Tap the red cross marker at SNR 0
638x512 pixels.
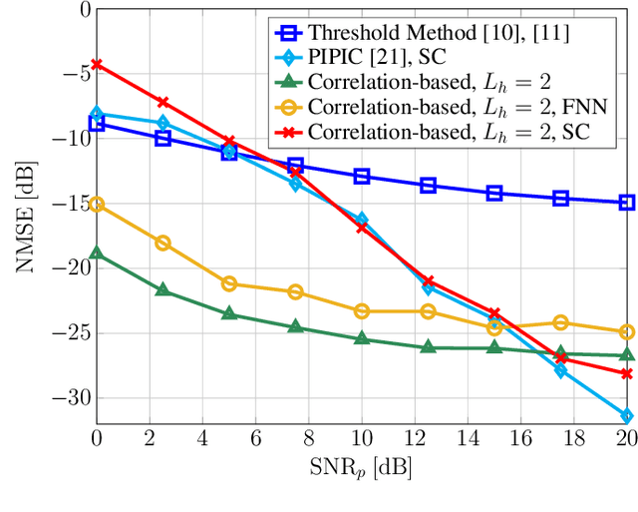(x=97, y=64)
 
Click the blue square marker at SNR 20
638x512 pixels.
(x=626, y=203)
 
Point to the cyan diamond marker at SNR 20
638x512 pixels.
(x=626, y=415)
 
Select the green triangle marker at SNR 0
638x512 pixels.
(x=97, y=254)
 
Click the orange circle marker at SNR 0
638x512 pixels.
(x=97, y=205)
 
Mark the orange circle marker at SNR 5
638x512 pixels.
(x=229, y=283)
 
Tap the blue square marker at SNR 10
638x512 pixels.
(x=362, y=176)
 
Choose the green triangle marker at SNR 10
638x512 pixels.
(x=362, y=338)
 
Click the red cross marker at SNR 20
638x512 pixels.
(x=626, y=373)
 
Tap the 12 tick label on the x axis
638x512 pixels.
(x=415, y=437)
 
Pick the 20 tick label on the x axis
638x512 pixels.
(x=626, y=437)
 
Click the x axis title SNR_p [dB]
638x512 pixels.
(x=361, y=467)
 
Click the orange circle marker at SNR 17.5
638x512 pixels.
(x=560, y=322)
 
